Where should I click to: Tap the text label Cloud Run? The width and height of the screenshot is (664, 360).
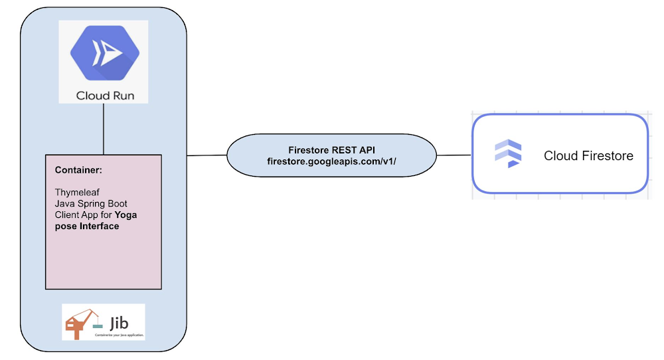(x=105, y=95)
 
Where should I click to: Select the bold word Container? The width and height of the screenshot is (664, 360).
(x=78, y=171)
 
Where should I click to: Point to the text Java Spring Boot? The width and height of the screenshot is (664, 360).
(x=90, y=204)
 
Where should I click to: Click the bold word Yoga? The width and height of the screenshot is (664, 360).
(x=126, y=215)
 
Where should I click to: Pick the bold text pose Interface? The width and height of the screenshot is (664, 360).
(x=87, y=226)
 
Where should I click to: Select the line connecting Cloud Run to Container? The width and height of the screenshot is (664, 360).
(x=104, y=129)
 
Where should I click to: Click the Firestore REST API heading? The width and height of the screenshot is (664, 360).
(x=331, y=150)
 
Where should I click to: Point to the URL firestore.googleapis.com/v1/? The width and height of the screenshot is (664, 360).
(x=331, y=161)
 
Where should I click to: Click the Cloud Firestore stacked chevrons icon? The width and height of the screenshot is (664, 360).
(x=509, y=155)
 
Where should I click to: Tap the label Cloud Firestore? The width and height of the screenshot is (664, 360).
(x=588, y=156)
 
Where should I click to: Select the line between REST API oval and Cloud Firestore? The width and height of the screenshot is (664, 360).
(x=454, y=155)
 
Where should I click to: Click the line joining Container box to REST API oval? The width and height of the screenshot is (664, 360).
(x=207, y=155)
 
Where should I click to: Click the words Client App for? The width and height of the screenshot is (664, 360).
(x=84, y=215)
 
